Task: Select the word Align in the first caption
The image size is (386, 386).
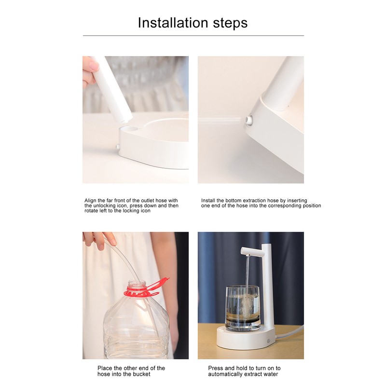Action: tap(91, 200)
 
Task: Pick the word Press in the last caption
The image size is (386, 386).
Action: tap(216, 368)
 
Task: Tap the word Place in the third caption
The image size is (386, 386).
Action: tap(105, 368)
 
